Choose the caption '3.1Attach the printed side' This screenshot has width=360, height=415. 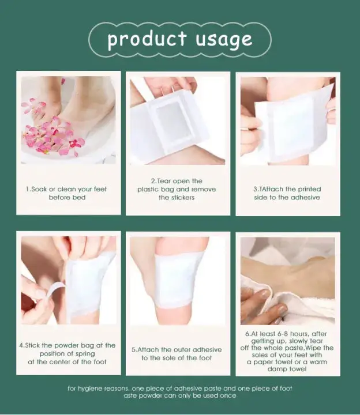click(287, 193)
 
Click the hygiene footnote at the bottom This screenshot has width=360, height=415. click(180, 392)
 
